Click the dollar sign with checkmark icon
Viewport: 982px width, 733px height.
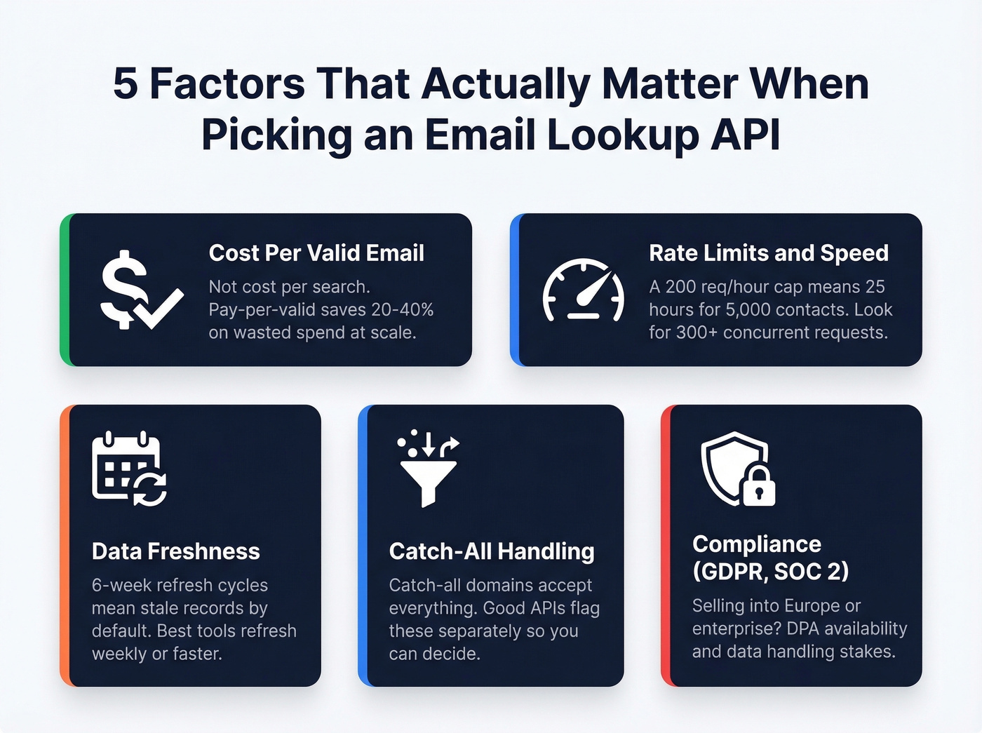point(140,290)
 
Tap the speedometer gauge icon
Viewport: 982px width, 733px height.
point(583,290)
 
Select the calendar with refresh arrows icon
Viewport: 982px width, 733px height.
point(129,469)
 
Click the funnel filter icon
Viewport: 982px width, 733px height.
point(428,468)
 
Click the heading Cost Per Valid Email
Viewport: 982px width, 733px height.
point(316,253)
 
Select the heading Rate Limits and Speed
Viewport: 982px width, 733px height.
point(768,253)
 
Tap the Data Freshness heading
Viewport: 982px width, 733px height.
point(175,551)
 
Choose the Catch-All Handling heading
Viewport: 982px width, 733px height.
point(491,551)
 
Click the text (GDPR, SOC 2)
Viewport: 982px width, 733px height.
point(770,572)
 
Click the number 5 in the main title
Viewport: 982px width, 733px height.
point(125,83)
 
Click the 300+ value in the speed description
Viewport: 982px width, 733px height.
point(697,332)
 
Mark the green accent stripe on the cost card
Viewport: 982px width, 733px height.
point(65,290)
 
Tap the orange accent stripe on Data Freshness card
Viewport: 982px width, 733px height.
point(65,545)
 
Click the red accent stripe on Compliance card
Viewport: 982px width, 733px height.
point(666,545)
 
